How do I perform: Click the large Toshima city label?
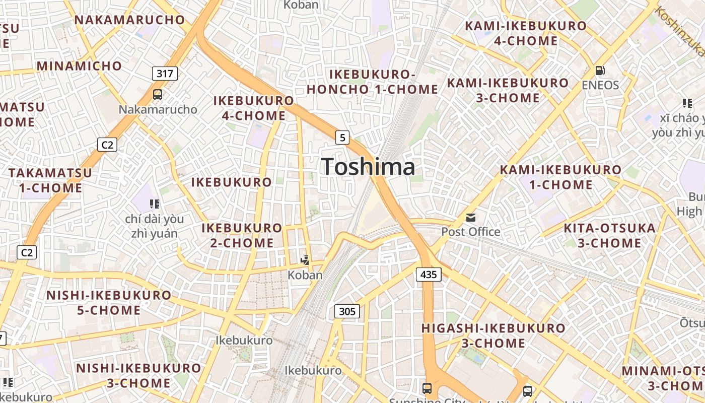point(368,167)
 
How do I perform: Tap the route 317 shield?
point(165,74)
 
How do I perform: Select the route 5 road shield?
point(342,137)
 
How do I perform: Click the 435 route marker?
point(429,275)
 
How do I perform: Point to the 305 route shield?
point(347,311)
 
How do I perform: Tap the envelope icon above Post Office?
point(471,218)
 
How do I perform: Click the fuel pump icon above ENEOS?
point(600,71)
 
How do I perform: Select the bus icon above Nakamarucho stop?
point(158,95)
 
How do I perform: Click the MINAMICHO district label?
point(79,66)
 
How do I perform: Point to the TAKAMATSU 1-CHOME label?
point(50,180)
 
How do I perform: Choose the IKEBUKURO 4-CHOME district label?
point(254,108)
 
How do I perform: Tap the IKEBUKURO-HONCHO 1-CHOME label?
point(372,82)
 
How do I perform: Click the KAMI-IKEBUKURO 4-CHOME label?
point(526,33)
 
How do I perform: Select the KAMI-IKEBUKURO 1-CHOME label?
point(560,177)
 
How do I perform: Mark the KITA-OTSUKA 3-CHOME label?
point(609,236)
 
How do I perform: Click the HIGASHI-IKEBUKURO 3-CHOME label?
point(493,335)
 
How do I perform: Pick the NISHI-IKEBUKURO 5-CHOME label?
point(109,302)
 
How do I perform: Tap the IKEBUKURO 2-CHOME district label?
point(242,235)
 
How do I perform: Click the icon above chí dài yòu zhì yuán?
point(155,204)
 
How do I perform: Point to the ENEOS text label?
point(600,85)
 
